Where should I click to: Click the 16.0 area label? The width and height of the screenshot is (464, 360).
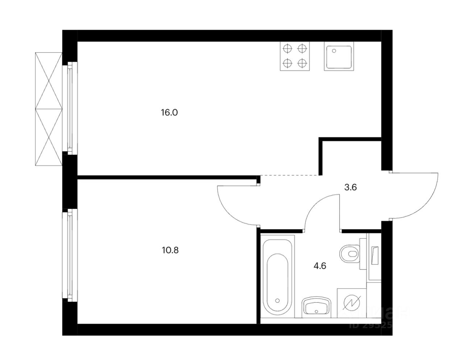click(170, 112)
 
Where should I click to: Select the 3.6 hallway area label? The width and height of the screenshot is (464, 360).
click(351, 187)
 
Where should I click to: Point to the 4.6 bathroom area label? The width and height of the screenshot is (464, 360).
click(320, 266)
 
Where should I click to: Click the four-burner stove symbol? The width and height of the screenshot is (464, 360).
click(295, 56)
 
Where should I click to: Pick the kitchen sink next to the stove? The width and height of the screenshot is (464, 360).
click(339, 57)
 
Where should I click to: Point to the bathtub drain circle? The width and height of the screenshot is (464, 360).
click(278, 301)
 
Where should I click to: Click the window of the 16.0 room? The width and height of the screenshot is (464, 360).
click(70, 107)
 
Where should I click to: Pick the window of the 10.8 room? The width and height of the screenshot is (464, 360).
click(70, 255)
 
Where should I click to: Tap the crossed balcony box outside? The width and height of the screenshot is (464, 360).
click(49, 109)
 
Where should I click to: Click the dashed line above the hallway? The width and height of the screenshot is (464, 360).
click(290, 175)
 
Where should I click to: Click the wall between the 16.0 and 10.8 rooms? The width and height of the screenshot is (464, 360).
click(167, 177)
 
